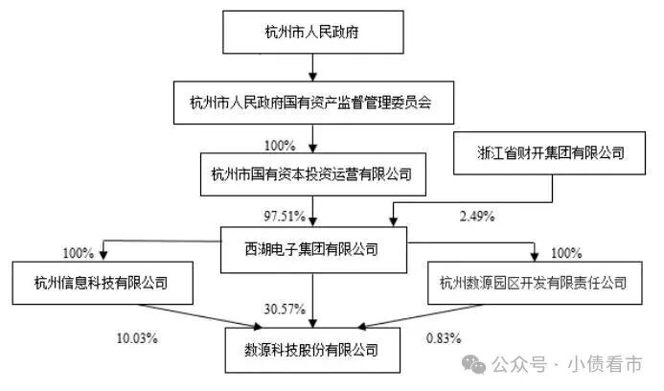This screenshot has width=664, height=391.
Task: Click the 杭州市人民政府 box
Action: [x=313, y=33]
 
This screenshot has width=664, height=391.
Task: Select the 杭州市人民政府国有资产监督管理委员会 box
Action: [x=313, y=103]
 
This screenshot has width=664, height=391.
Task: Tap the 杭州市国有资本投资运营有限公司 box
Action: [x=313, y=174]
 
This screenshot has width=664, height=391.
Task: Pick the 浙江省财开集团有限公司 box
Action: [x=549, y=153]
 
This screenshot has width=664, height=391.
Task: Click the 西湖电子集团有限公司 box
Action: [x=313, y=249]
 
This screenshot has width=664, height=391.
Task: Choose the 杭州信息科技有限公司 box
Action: [x=103, y=283]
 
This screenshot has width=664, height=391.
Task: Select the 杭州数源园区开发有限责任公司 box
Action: [x=535, y=283]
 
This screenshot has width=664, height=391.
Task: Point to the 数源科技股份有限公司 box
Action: [x=312, y=350]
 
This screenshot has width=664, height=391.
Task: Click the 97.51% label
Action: [x=285, y=216]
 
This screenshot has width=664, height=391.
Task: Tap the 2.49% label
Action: [x=477, y=216]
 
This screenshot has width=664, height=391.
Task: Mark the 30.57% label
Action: [x=285, y=309]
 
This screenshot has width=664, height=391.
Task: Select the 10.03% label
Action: [x=137, y=338]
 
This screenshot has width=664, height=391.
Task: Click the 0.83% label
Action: [x=444, y=338]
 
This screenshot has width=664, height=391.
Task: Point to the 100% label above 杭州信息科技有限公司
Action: [x=79, y=253]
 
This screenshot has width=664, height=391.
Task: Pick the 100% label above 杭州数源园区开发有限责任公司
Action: [x=566, y=253]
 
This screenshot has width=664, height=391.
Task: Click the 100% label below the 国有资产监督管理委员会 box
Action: [x=280, y=146]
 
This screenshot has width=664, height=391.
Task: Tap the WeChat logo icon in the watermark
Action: [x=474, y=364]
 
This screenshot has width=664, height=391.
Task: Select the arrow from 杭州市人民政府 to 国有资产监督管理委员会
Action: [x=312, y=67]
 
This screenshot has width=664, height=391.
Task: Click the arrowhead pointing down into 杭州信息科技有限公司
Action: [x=103, y=255]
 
